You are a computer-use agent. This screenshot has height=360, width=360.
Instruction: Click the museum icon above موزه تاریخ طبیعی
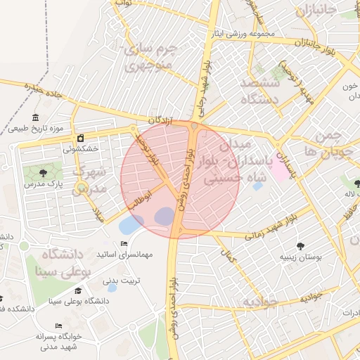pyautogui.click(x=36, y=117)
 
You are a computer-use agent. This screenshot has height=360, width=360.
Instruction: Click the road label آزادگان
pyautogui.click(x=160, y=122)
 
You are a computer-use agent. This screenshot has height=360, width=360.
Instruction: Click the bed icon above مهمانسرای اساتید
pyautogui.click(x=124, y=244)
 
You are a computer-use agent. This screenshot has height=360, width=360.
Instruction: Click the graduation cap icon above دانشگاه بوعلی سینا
pyautogui.click(x=78, y=290)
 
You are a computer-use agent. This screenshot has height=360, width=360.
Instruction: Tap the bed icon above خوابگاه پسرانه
pyautogui.click(x=58, y=326)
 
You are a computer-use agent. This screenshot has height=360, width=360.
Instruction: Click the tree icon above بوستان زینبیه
pyautogui.click(x=301, y=246)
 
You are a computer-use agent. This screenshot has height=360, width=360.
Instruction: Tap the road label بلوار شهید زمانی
pyautogui.click(x=274, y=229)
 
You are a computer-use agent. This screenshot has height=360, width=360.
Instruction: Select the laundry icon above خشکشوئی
pyautogui.click(x=81, y=138)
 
